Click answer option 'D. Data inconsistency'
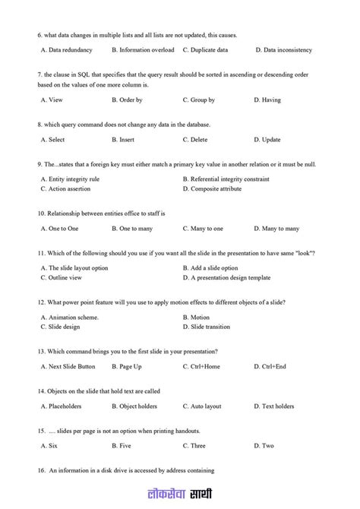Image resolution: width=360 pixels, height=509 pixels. click(283, 50)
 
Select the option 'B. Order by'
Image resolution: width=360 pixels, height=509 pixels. click(127, 100)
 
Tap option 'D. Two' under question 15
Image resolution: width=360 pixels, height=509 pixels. click(264, 446)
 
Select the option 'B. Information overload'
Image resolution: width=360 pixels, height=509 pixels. click(143, 50)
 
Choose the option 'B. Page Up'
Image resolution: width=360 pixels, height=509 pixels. click(126, 366)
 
